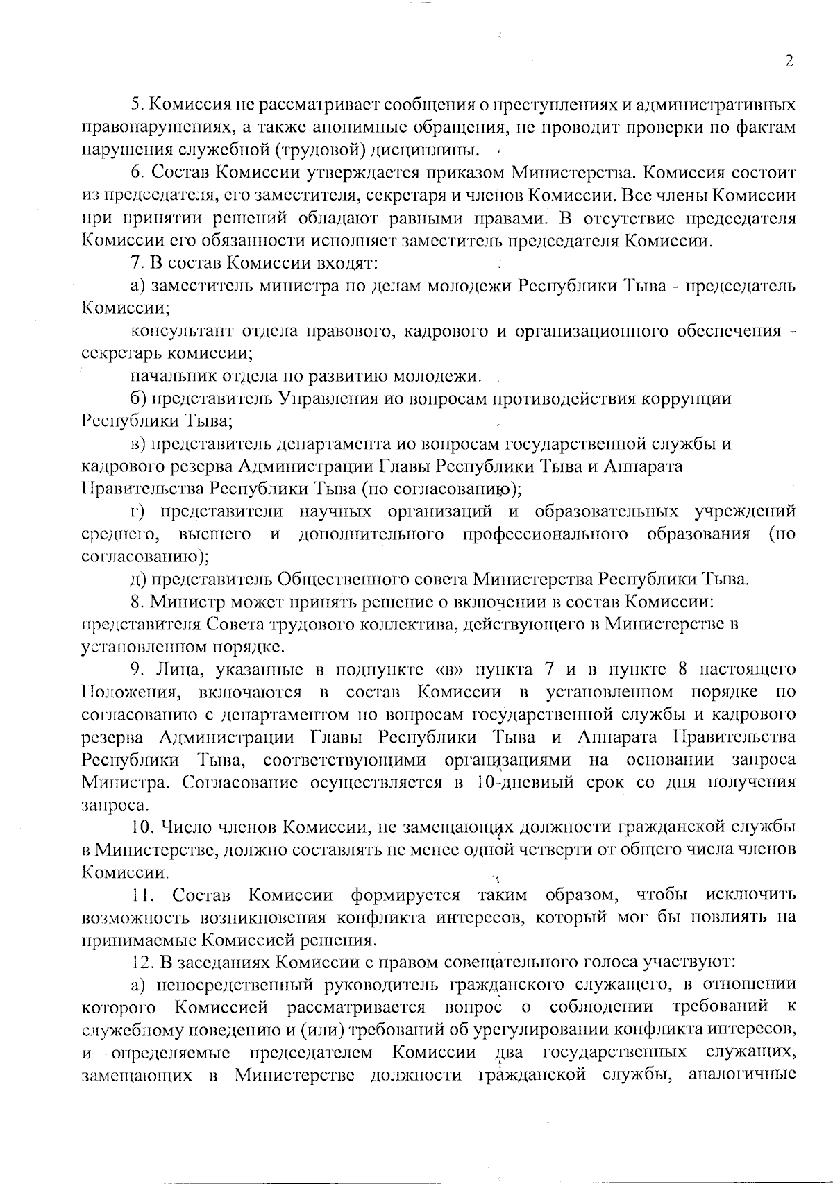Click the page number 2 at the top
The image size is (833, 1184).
point(789,61)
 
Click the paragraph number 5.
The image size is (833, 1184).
point(136,105)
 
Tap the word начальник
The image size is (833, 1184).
point(171,376)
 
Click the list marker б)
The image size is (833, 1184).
point(138,398)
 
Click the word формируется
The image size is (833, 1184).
point(407,895)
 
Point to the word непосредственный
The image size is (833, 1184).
point(225,985)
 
